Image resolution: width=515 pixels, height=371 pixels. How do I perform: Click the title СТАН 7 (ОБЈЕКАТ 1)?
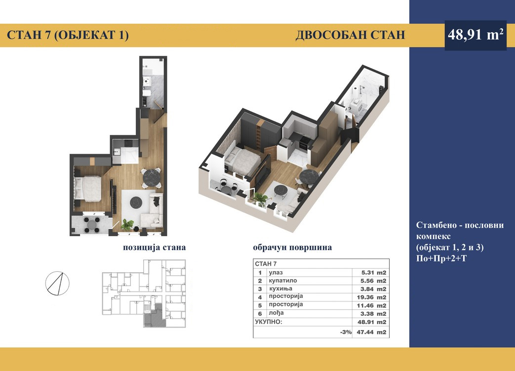pyautogui.click(x=68, y=35)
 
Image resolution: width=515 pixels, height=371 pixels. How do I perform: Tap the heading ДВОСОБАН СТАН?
pyautogui.click(x=350, y=35)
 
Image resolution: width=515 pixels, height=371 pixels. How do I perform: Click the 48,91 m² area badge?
pyautogui.click(x=475, y=35)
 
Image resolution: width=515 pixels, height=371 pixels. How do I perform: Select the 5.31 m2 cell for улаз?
pyautogui.click(x=374, y=272)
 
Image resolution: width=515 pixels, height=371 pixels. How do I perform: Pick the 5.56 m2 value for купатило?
pyautogui.click(x=374, y=281)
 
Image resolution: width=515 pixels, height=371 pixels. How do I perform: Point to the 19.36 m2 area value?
pyautogui.click(x=372, y=297)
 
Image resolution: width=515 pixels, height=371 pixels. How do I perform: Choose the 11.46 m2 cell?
pyautogui.click(x=372, y=305)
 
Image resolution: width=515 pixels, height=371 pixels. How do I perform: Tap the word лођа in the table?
pyautogui.click(x=276, y=313)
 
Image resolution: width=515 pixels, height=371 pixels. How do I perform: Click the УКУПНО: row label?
pyautogui.click(x=269, y=322)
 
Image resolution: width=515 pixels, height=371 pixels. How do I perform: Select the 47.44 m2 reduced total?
pyautogui.click(x=371, y=332)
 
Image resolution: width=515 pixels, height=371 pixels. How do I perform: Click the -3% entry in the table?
pyautogui.click(x=346, y=332)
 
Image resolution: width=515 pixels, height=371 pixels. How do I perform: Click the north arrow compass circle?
pyautogui.click(x=57, y=283)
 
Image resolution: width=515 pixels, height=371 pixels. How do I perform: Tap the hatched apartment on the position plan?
pyautogui.click(x=154, y=317)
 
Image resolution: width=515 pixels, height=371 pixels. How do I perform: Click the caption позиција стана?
pyautogui.click(x=155, y=247)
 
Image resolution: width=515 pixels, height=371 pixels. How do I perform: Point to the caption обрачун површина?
pyautogui.click(x=292, y=247)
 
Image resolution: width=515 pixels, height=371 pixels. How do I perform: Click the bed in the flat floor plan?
pyautogui.click(x=88, y=188)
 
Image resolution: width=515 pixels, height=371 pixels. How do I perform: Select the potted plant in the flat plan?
pyautogui.click(x=127, y=224)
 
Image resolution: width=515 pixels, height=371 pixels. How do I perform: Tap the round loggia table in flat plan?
pyautogui.click(x=91, y=225)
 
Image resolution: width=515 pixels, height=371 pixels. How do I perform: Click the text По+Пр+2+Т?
pyautogui.click(x=441, y=258)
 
